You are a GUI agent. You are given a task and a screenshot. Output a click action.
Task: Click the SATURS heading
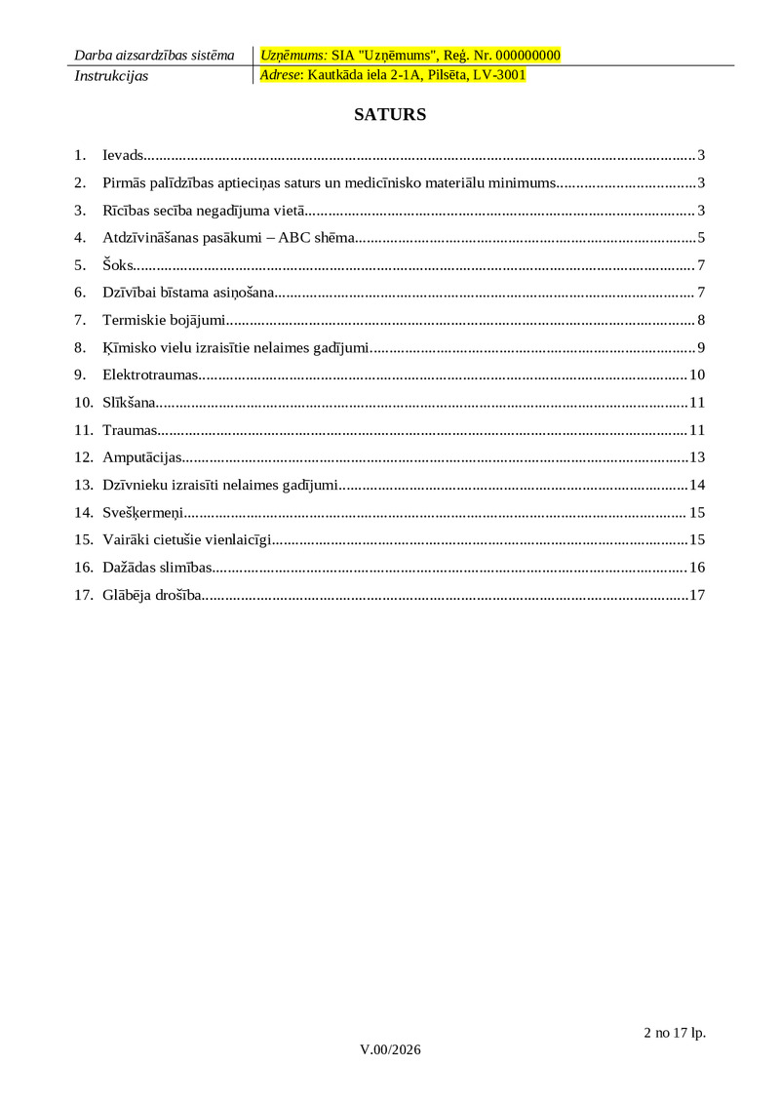(390, 115)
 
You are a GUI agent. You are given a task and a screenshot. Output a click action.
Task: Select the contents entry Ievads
(123, 155)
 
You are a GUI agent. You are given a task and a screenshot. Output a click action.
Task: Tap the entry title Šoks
(118, 265)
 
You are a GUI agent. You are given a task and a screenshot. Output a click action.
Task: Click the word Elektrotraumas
(150, 375)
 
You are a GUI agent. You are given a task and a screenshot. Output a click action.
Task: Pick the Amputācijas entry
(141, 457)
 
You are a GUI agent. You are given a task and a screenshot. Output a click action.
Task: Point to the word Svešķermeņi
(143, 513)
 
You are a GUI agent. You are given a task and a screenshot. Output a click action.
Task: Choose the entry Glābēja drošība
(152, 595)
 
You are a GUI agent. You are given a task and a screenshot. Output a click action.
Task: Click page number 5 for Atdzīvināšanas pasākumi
(701, 238)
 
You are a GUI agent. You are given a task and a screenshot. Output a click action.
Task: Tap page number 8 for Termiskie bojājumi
(701, 321)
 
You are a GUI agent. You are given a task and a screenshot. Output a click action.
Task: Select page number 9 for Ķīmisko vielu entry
(701, 348)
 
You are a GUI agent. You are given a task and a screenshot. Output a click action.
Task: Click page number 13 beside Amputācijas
(697, 457)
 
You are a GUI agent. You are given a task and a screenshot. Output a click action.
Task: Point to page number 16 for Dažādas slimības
(697, 568)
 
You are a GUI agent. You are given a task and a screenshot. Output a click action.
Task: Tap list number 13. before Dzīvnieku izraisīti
(83, 486)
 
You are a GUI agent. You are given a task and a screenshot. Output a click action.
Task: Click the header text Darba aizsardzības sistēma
(154, 56)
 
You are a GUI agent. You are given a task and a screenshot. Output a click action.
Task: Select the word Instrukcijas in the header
(111, 76)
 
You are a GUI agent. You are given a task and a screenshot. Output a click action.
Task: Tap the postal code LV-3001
(499, 75)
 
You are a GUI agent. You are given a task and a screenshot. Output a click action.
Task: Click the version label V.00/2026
(390, 1049)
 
